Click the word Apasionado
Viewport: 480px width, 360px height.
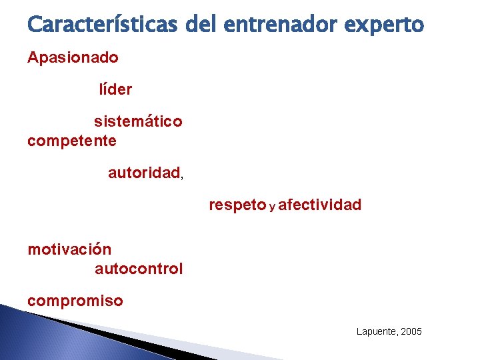point(73,58)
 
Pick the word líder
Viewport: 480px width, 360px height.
point(115,89)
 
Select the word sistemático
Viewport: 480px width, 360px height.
point(138,122)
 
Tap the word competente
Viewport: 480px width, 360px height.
point(72,141)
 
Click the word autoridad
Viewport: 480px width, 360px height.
point(144,173)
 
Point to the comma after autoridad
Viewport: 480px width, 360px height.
point(182,177)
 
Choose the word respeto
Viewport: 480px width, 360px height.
point(237,205)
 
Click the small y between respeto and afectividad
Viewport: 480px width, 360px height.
point(272,207)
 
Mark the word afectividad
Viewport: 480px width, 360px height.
point(320,205)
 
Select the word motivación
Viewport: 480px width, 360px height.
point(69,249)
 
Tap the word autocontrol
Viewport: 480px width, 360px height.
point(139,269)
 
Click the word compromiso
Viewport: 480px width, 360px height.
point(75,301)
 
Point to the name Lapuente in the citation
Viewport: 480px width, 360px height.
point(375,332)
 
